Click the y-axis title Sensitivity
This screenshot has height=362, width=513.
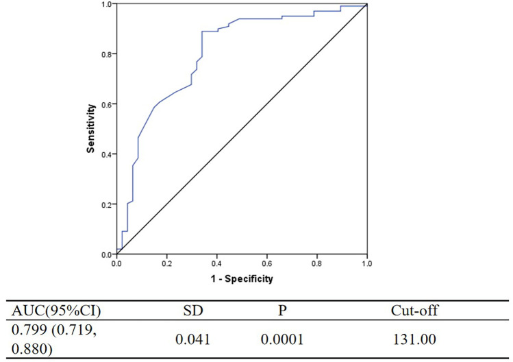pyautogui.click(x=90, y=128)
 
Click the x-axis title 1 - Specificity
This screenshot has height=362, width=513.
pyautogui.click(x=242, y=279)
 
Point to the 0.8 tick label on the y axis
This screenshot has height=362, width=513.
pyautogui.click(x=106, y=54)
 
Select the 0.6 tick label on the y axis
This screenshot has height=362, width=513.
pyautogui.click(x=106, y=104)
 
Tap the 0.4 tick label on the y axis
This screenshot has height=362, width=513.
pyautogui.click(x=106, y=154)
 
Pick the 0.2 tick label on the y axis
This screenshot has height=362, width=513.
pyautogui.click(x=106, y=204)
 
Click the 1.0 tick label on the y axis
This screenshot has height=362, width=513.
pyautogui.click(x=106, y=4)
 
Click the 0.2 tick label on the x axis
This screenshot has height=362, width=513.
pyautogui.click(x=166, y=264)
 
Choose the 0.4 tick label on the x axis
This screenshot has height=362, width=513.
pyautogui.click(x=216, y=264)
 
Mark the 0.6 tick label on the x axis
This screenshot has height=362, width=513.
pyautogui.click(x=266, y=264)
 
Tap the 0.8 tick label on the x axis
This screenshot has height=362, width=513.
pyautogui.click(x=316, y=264)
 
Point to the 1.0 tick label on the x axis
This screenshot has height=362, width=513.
pyautogui.click(x=366, y=264)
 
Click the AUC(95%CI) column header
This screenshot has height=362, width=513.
pyautogui.click(x=56, y=311)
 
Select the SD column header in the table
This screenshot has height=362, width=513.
pyautogui.click(x=193, y=311)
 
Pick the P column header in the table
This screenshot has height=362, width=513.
pyautogui.click(x=282, y=311)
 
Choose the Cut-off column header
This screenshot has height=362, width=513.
pyautogui.click(x=414, y=311)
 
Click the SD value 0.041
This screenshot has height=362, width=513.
pyautogui.click(x=192, y=340)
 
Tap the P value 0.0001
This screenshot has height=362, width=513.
pyautogui.click(x=282, y=340)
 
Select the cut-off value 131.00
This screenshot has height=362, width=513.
pyautogui.click(x=414, y=340)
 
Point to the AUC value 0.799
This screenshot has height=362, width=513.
pyautogui.click(x=29, y=330)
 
